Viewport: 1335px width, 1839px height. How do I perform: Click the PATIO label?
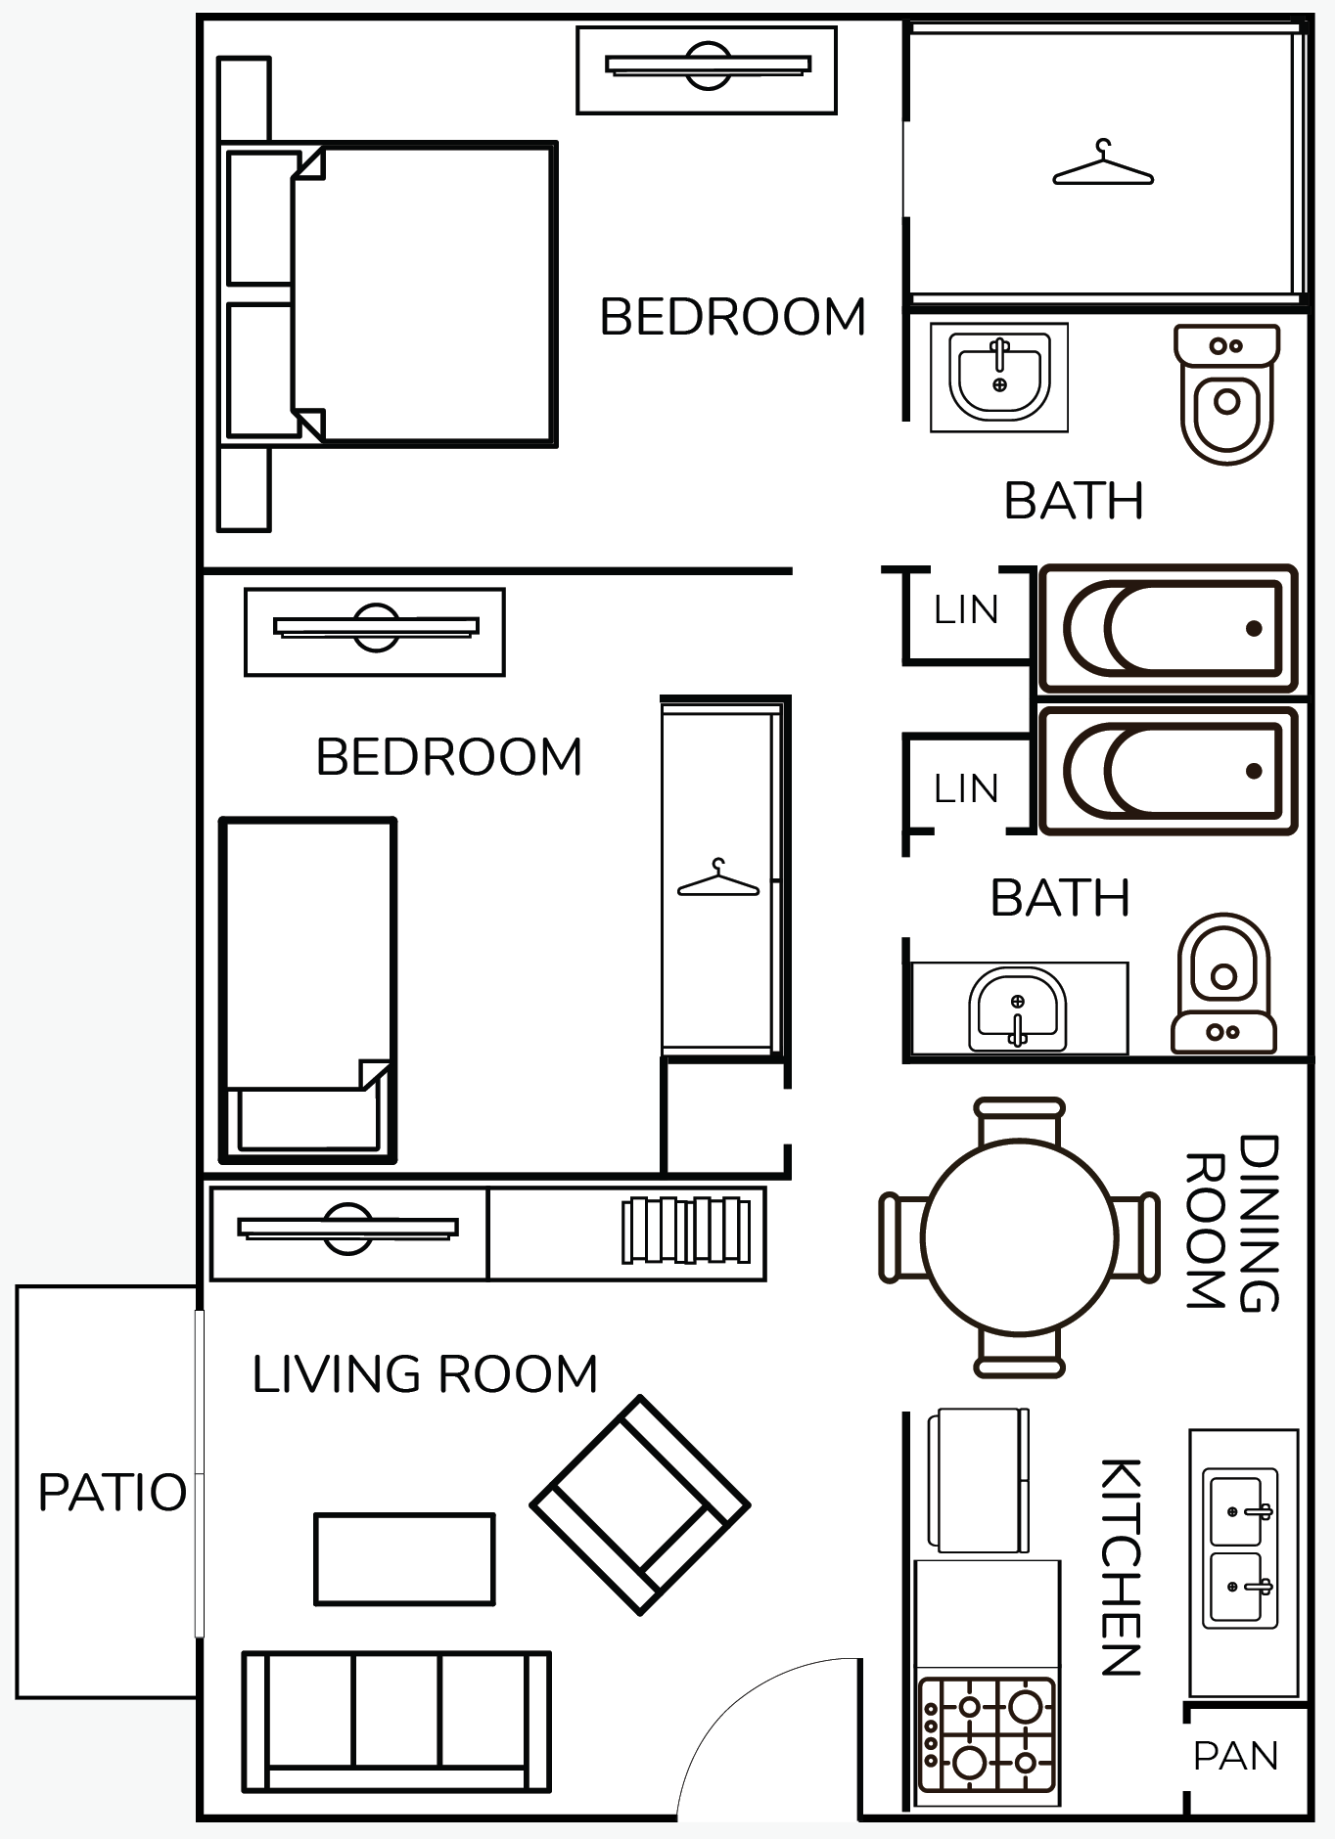click(113, 1493)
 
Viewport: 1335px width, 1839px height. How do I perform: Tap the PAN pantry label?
click(1236, 1757)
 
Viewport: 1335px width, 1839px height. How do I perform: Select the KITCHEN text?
click(1121, 1566)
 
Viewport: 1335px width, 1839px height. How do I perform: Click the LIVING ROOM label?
click(425, 1373)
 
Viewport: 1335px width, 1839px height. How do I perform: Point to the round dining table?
click(1020, 1237)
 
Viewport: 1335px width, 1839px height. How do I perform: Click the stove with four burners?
click(989, 1735)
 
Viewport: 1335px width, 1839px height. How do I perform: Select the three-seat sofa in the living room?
click(396, 1722)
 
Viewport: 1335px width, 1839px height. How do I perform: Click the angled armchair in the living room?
click(640, 1505)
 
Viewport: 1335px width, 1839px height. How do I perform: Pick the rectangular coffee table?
click(404, 1559)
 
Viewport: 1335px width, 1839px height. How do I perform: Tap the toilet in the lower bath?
click(1223, 983)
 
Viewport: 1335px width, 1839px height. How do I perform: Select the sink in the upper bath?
click(999, 377)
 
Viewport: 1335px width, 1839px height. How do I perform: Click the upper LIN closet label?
click(966, 609)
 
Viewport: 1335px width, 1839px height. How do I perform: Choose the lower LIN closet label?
click(966, 787)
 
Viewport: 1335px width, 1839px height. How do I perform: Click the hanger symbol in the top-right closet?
click(1103, 162)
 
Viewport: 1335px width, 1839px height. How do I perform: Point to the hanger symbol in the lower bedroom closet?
click(718, 877)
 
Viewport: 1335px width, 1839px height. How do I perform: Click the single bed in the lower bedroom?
click(308, 990)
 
